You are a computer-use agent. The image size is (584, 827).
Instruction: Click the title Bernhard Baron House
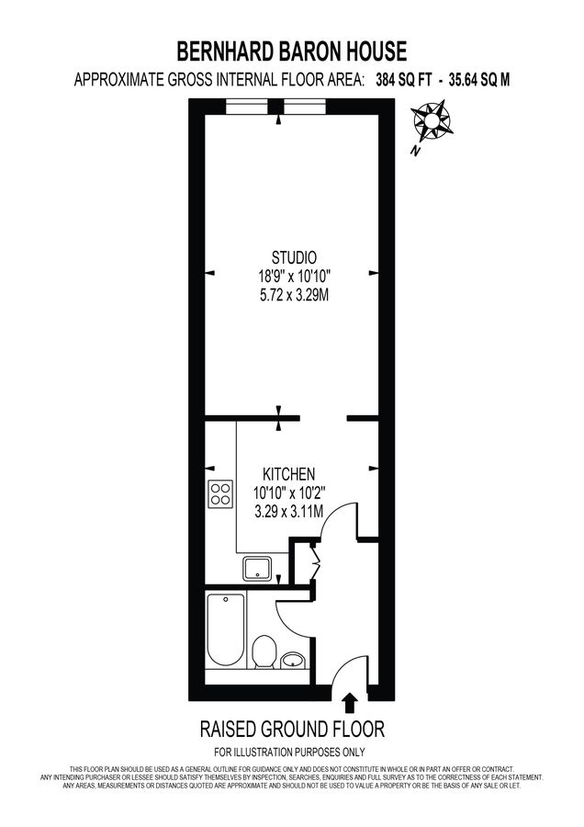[292, 51]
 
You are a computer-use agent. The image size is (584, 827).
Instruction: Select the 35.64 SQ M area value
[479, 80]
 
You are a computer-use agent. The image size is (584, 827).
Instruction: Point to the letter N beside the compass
[416, 150]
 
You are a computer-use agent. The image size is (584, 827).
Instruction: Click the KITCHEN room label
[290, 473]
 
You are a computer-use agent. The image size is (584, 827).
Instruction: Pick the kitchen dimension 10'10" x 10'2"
[290, 493]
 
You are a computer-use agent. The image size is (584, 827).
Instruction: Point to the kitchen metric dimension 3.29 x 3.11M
[290, 512]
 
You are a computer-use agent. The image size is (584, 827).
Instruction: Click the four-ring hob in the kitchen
[220, 494]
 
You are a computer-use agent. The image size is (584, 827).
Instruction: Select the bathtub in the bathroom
[225, 630]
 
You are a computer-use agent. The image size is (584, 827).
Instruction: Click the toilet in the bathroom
[264, 649]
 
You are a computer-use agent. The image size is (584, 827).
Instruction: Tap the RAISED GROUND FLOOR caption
[292, 730]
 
